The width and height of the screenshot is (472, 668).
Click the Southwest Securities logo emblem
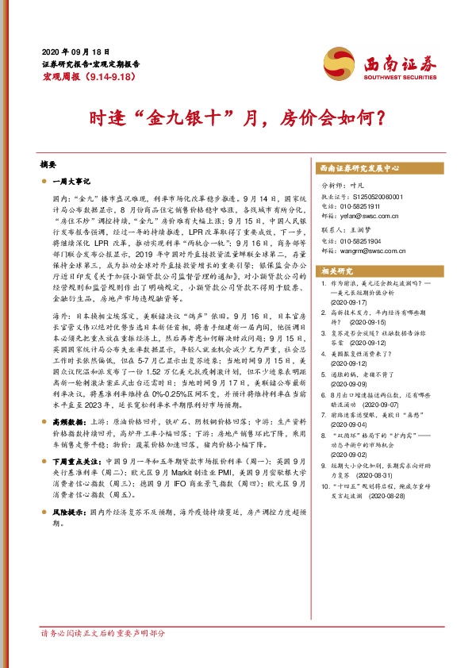[x=335, y=60]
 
